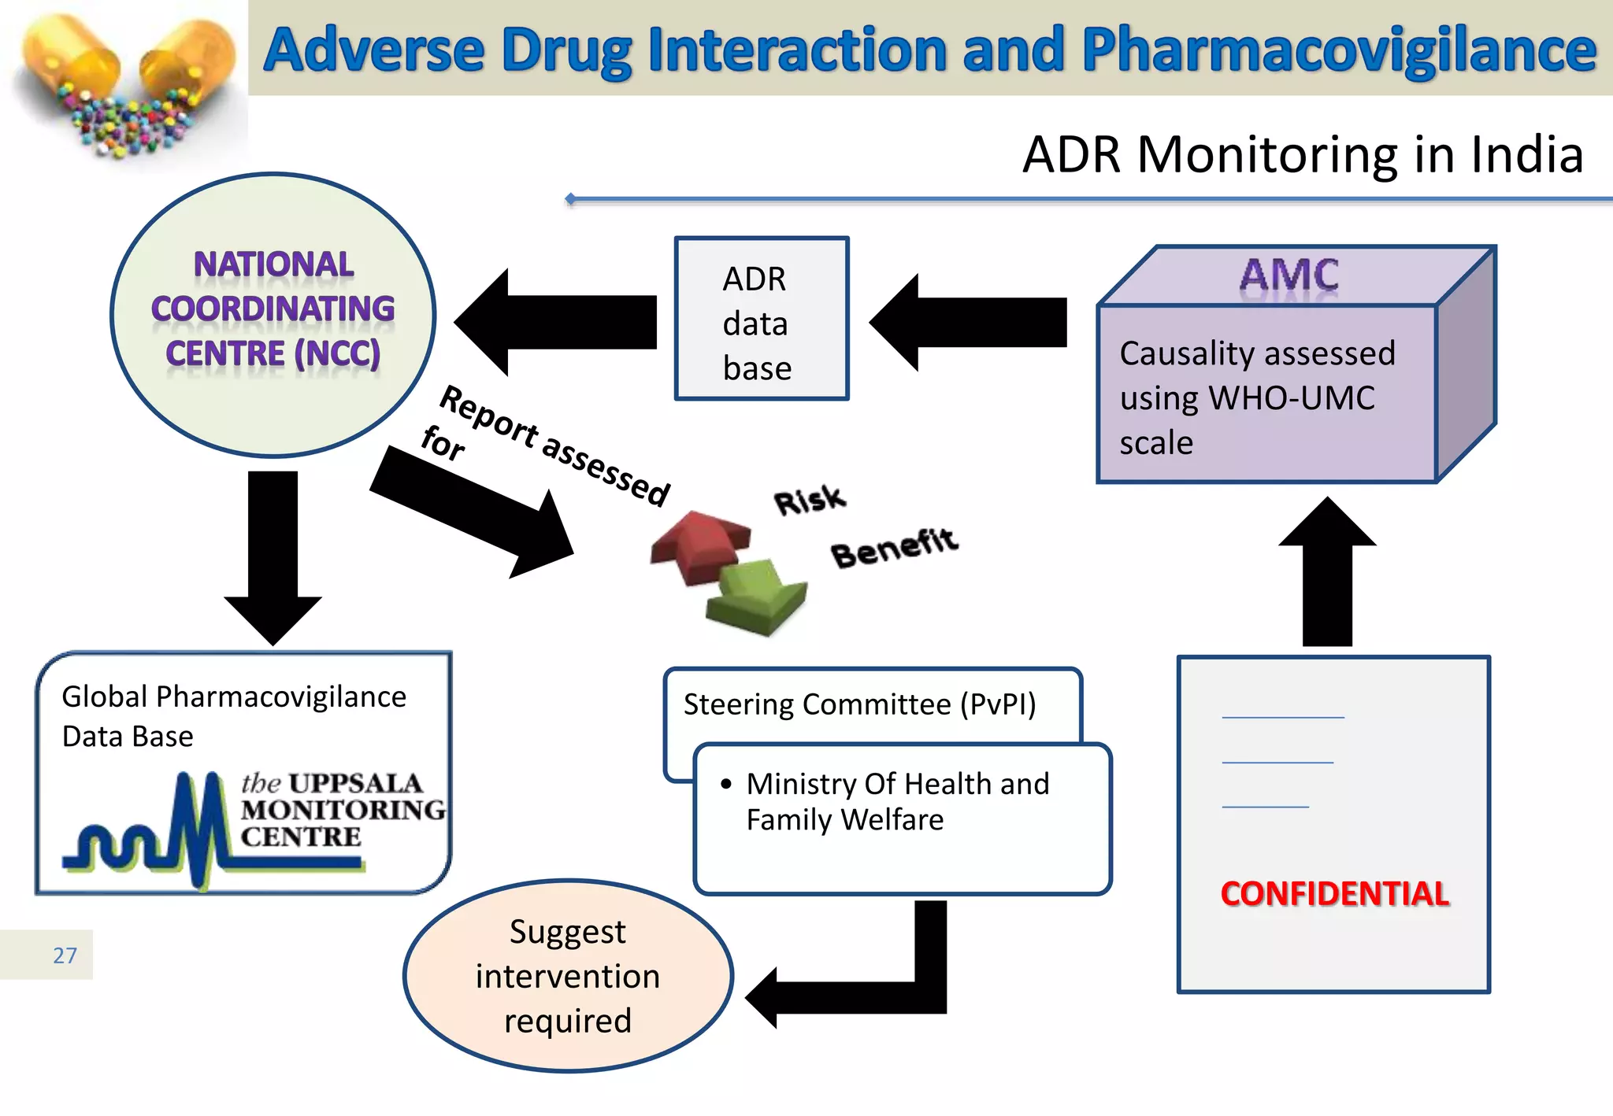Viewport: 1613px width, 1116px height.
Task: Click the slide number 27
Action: pos(65,955)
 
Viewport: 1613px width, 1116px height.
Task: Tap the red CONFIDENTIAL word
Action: pos(1334,893)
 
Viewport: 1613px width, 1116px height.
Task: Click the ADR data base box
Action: pos(761,320)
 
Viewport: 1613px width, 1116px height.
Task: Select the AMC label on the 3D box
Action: pos(1289,275)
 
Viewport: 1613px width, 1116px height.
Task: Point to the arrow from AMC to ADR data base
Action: pos(969,322)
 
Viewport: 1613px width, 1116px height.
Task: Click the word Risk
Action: pos(809,501)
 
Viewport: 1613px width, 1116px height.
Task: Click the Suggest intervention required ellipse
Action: pos(568,976)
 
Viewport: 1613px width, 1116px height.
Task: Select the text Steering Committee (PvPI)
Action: pos(859,704)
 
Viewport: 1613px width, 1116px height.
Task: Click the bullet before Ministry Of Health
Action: pos(725,783)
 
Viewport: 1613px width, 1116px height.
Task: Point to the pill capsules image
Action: pos(126,83)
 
